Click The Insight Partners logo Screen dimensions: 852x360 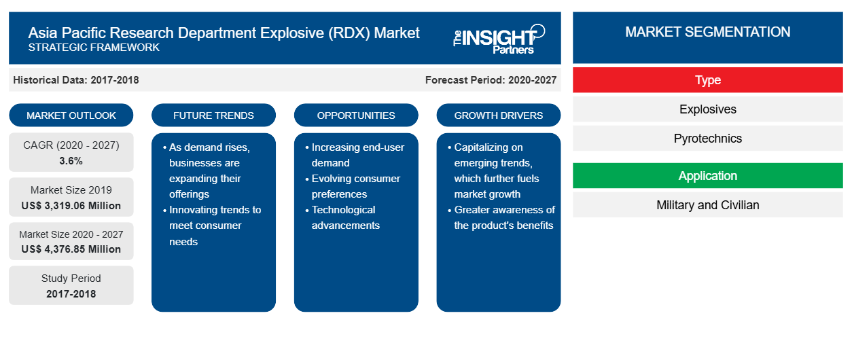coord(499,39)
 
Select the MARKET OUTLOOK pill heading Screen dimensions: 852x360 coord(71,115)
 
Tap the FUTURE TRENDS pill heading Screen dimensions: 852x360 coord(213,115)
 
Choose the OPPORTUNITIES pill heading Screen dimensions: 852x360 coord(356,115)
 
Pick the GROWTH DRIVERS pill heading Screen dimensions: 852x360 coord(499,115)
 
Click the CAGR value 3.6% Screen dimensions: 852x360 coord(71,161)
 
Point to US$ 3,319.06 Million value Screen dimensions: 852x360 coord(71,206)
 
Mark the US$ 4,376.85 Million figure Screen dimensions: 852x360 coord(71,249)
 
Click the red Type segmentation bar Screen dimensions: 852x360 coord(708,80)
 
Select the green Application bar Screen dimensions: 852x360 coord(708,176)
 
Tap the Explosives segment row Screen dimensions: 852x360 coord(708,109)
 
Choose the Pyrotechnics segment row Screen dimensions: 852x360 coord(708,139)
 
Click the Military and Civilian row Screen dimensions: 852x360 coord(708,205)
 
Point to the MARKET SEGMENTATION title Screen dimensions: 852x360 coord(708,32)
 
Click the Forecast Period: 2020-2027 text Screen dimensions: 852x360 coord(491,80)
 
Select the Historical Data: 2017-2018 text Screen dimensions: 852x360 coord(76,80)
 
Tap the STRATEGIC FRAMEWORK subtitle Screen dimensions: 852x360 coord(94,48)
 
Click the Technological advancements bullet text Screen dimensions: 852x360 coord(346,217)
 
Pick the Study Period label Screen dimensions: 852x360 coord(71,278)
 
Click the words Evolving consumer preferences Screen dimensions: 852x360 coord(355,186)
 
